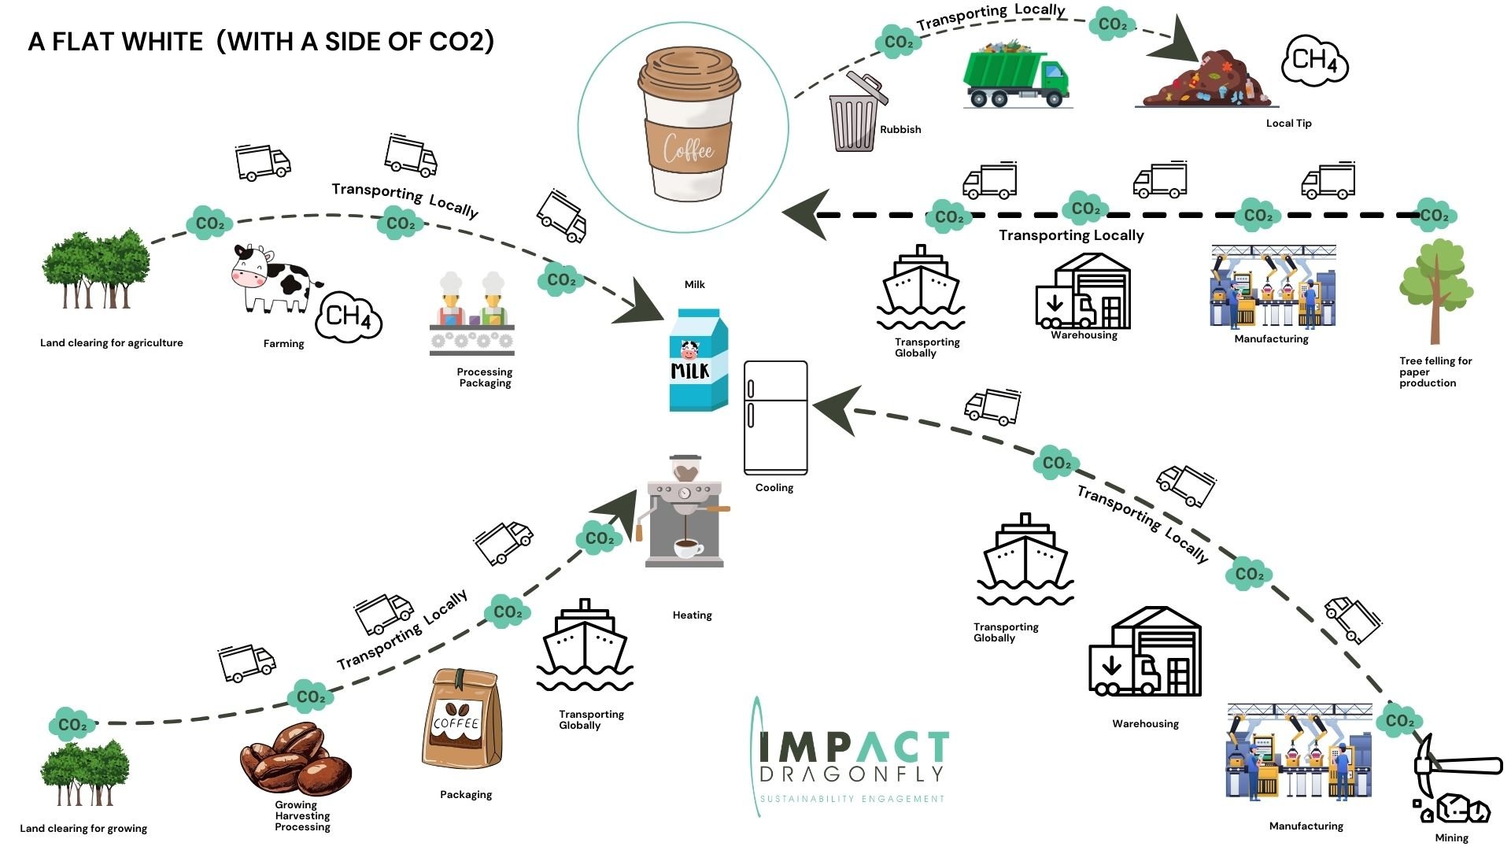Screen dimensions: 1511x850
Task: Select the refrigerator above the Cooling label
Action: point(776,418)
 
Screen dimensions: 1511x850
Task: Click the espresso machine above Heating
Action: point(684,511)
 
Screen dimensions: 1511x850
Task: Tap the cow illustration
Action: point(275,279)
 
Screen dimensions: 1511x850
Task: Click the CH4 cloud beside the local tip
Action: point(1315,60)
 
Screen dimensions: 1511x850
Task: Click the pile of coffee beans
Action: point(296,760)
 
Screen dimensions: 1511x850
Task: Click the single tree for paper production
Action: point(1436,291)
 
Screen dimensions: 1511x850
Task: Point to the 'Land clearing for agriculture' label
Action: point(112,343)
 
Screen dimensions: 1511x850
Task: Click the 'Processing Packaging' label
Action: point(485,378)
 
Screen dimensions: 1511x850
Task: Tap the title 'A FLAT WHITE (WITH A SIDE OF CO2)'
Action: point(261,41)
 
